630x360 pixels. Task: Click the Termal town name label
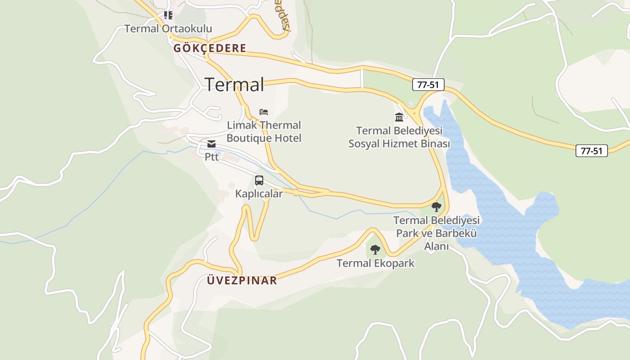234,84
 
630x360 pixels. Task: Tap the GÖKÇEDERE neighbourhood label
210,48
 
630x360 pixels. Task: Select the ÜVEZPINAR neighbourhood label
242,280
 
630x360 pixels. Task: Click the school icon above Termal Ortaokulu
168,15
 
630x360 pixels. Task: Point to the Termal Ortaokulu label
168,29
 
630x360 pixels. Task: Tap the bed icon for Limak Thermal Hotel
264,112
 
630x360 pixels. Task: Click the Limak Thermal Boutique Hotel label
264,131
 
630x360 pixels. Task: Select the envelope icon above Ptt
211,144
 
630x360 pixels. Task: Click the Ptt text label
211,157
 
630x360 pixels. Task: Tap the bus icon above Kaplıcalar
259,180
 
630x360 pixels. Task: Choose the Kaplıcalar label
259,194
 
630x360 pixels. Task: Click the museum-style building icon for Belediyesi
399,117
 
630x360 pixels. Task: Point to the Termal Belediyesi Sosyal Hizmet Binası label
399,137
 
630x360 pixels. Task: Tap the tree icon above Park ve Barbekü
436,207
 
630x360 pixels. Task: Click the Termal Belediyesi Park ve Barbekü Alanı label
436,233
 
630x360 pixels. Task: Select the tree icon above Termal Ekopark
375,250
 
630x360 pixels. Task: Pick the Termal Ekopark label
375,263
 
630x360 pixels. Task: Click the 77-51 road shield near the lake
428,85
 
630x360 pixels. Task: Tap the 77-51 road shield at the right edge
591,151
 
